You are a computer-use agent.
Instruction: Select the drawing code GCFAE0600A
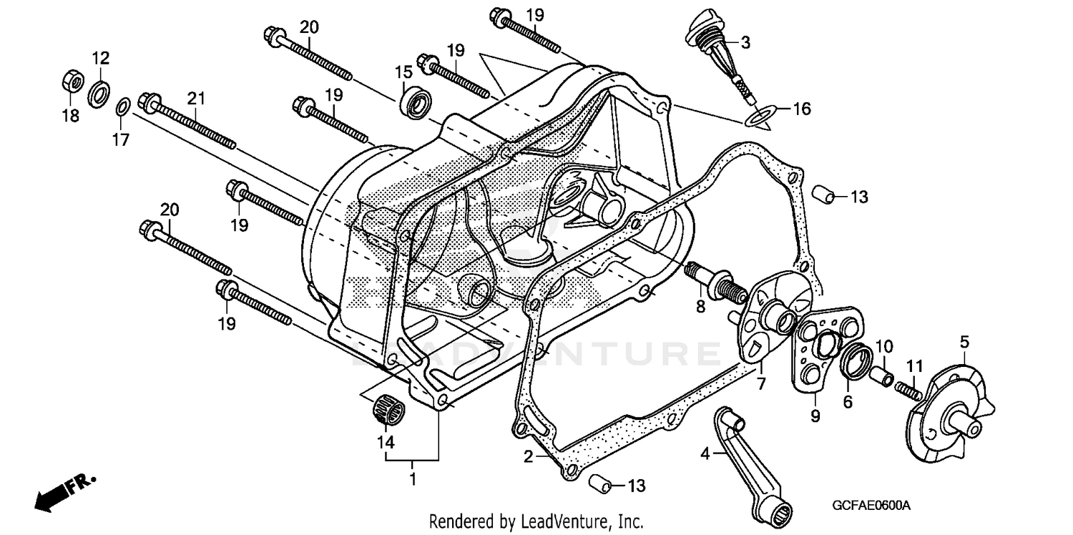coord(871,506)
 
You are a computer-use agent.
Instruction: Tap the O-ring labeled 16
coord(761,114)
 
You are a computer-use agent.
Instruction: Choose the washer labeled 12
coord(99,92)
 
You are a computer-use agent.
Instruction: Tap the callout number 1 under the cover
coord(412,478)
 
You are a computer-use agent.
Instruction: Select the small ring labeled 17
coord(122,108)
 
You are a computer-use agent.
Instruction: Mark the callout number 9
coord(815,415)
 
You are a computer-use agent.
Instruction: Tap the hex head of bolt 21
coord(149,104)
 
